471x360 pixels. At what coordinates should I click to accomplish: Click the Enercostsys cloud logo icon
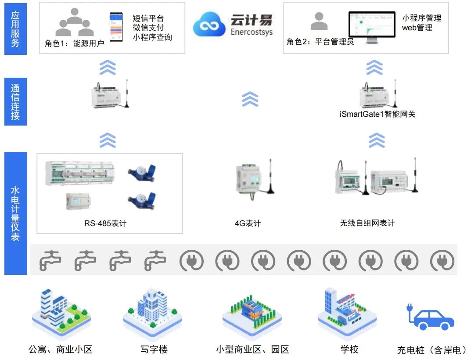209,25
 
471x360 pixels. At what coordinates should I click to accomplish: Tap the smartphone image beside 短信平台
116,27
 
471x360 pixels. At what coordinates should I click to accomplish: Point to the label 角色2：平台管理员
320,42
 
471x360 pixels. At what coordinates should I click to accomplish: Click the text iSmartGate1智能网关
377,114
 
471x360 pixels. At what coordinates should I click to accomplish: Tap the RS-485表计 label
105,223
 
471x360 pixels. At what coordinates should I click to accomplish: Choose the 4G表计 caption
248,223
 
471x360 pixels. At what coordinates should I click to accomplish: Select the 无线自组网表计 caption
367,223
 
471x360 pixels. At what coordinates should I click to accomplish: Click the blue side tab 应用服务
15,29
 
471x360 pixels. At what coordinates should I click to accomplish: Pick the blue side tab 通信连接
15,101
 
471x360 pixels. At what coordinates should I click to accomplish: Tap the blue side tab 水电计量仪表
15,213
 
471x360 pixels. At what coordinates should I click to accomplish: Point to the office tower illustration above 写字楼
152,310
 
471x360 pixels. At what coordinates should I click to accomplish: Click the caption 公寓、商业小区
61,349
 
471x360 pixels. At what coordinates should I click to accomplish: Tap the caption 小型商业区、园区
252,349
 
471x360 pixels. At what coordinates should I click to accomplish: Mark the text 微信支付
148,28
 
